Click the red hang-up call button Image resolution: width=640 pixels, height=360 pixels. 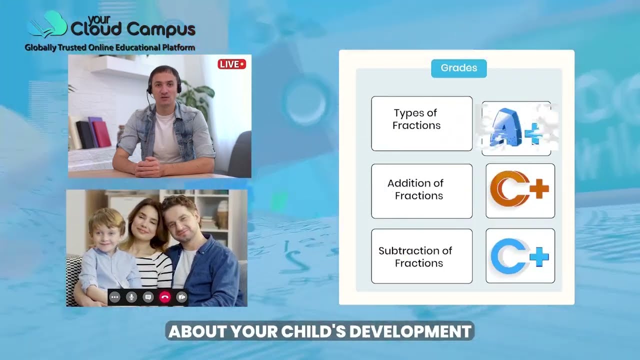(x=165, y=297)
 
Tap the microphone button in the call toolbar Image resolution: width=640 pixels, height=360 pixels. (x=131, y=297)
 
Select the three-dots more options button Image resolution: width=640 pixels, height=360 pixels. (x=115, y=297)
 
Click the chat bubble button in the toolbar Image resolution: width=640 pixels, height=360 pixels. (x=148, y=297)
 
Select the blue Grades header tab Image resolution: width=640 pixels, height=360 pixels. (x=458, y=68)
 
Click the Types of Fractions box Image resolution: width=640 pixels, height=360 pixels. (x=421, y=123)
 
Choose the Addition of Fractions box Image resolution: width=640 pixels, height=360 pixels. (x=421, y=190)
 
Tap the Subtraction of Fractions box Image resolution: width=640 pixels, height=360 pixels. (x=421, y=256)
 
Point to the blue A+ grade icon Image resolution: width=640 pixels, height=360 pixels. (x=516, y=128)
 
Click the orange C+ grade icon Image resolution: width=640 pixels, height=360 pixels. (x=520, y=190)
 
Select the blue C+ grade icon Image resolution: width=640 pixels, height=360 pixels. (x=520, y=256)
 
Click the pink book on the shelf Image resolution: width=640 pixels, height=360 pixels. (x=101, y=134)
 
